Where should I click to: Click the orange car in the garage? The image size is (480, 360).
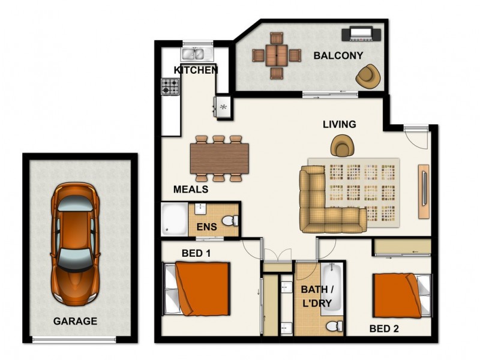(x=75, y=243)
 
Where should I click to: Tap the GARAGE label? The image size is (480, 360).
(x=75, y=321)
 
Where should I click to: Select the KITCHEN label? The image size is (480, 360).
(x=196, y=70)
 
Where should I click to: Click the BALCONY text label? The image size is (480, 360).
(x=338, y=56)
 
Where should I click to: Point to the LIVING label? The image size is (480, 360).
(x=339, y=124)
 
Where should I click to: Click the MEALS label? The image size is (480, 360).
(x=191, y=189)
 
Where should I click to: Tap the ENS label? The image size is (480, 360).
(x=206, y=228)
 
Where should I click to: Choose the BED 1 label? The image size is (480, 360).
(x=196, y=253)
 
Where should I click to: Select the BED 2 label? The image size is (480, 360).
(x=384, y=328)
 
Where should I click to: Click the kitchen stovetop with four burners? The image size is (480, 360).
(x=170, y=87)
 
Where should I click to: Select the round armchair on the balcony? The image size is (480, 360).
(x=367, y=76)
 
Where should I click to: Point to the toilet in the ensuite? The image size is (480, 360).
(x=230, y=223)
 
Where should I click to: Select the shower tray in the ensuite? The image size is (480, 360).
(x=175, y=220)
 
